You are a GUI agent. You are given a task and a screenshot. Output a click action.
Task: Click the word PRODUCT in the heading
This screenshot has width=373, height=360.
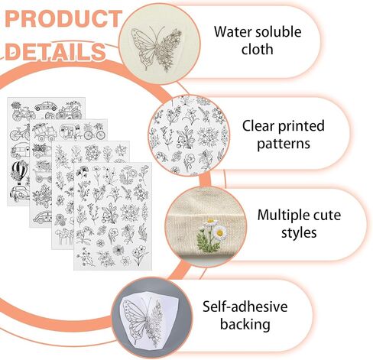(63, 18)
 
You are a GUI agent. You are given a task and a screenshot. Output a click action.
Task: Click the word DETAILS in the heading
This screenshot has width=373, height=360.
(55, 51)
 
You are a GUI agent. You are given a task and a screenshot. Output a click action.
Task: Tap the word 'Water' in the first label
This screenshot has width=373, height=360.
(229, 32)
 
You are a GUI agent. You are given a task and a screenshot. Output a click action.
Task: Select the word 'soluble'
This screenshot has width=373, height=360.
(275, 32)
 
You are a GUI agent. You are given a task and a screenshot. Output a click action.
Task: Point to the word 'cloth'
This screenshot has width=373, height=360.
(258, 49)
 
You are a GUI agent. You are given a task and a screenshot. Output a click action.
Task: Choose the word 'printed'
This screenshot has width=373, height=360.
(301, 127)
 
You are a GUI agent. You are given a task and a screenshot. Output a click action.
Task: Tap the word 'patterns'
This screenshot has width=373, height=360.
(284, 144)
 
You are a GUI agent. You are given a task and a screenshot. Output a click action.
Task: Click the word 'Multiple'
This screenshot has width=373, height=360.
(284, 216)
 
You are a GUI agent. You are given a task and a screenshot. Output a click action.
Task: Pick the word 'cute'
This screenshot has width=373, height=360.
(327, 216)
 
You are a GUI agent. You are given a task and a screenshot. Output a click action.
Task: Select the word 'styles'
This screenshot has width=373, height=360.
(299, 233)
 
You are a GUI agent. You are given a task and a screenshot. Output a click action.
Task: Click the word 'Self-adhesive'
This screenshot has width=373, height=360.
(245, 306)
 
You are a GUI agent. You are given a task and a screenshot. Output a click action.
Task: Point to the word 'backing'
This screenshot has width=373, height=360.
(245, 325)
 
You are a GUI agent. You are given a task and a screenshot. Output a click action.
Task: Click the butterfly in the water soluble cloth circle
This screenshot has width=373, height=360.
(157, 48)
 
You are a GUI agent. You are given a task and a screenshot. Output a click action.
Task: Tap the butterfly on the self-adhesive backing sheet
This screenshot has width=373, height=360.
(141, 321)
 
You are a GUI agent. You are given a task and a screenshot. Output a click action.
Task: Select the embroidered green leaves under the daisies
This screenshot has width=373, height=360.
(208, 242)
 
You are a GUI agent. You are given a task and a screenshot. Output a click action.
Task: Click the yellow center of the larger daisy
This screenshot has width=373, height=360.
(219, 233)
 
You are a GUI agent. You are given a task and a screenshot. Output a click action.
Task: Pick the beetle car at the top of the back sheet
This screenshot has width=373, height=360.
(46, 106)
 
